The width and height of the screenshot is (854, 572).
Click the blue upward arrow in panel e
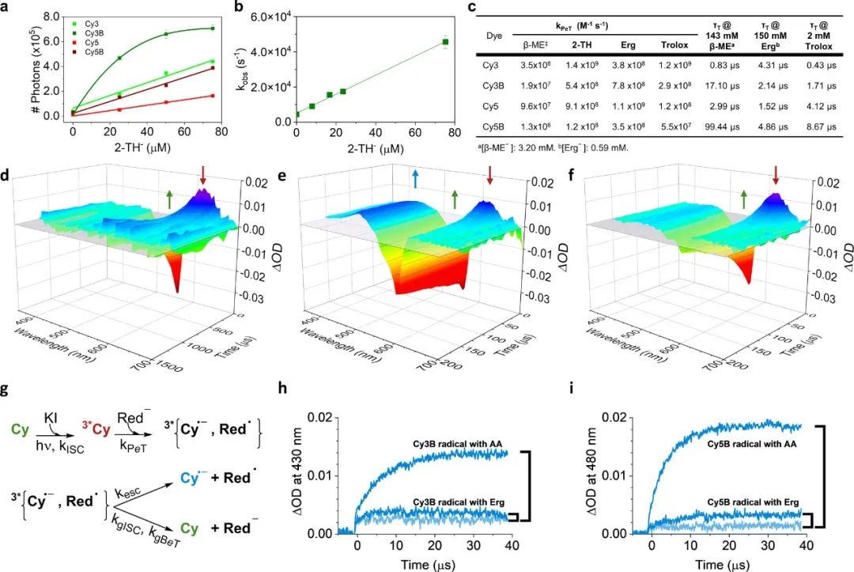tap(414, 180)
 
